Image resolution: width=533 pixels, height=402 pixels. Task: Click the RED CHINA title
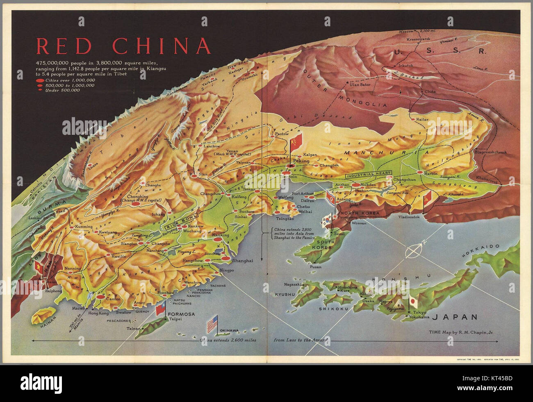click(x=123, y=46)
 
